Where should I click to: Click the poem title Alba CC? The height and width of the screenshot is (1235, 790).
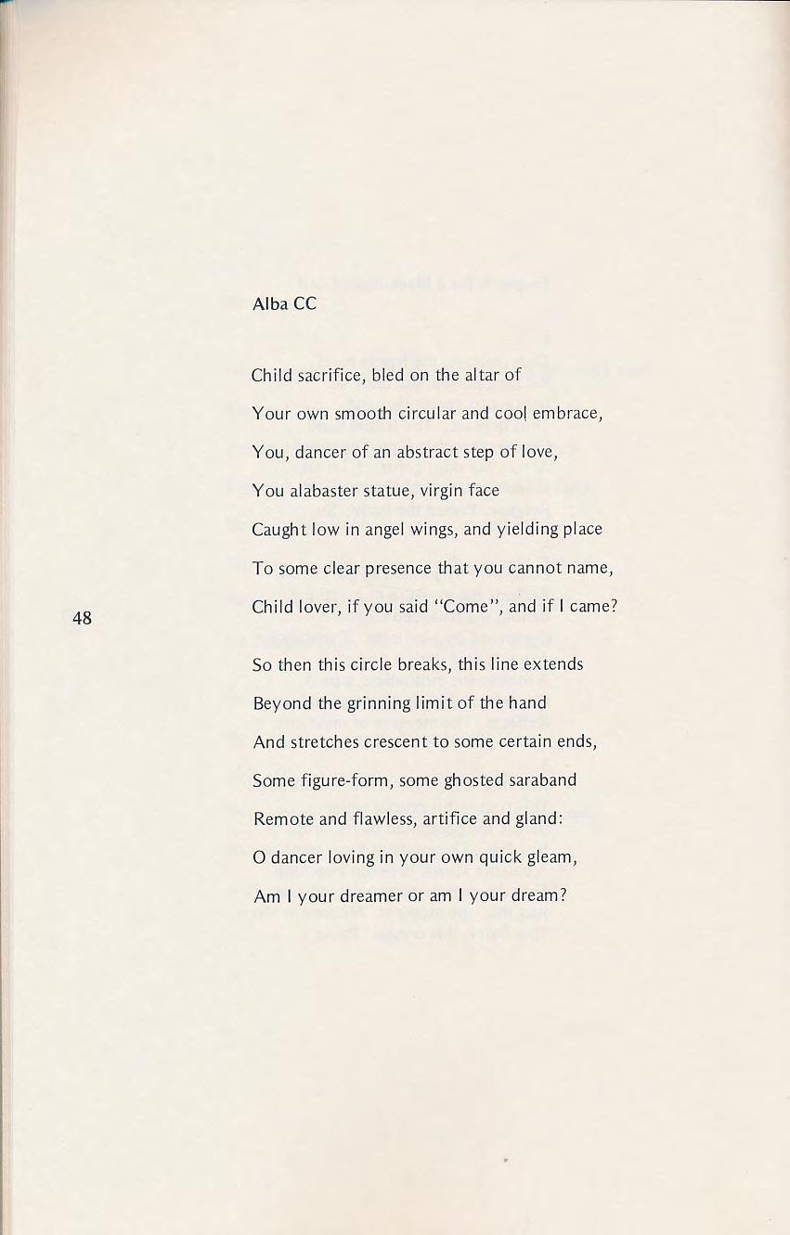284,304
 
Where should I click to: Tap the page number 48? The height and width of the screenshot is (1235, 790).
82,617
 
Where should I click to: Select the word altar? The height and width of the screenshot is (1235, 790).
481,376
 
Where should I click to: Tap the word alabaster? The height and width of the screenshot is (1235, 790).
324,491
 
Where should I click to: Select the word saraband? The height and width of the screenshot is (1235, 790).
539,780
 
